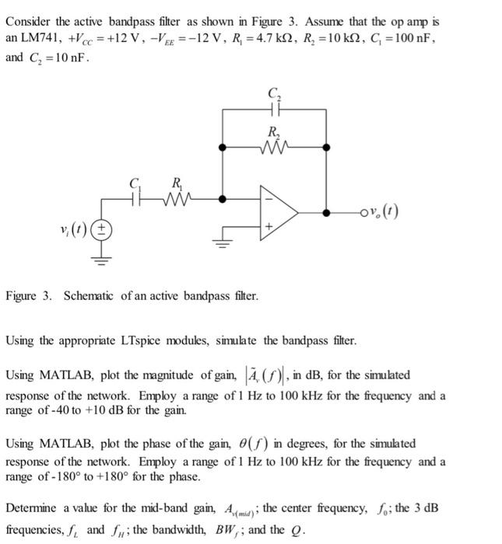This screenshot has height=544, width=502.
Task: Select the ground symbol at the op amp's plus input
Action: point(225,241)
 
